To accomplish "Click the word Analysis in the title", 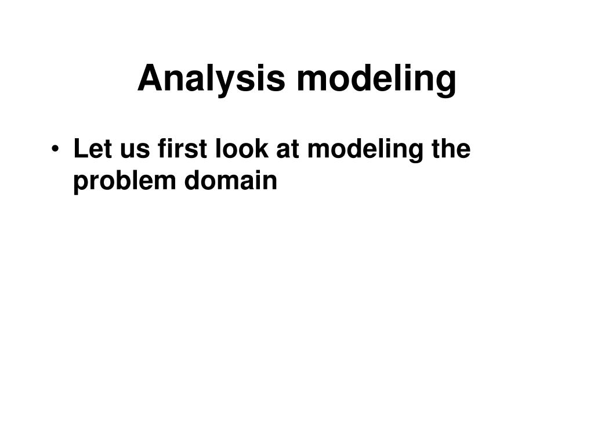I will click(x=211, y=79).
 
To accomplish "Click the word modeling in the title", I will click(x=376, y=79).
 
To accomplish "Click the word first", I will click(x=175, y=149).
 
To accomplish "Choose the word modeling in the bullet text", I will click(x=365, y=150).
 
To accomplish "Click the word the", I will click(x=451, y=149).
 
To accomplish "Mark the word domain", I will click(x=231, y=181).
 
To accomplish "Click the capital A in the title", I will click(x=149, y=79).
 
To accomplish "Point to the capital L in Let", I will click(x=79, y=149).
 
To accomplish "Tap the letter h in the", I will click(x=450, y=149).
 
